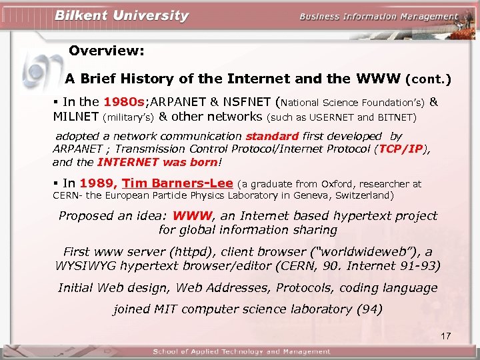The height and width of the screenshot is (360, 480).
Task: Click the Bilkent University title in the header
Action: (x=122, y=16)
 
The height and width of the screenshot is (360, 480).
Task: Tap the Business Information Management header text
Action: (x=379, y=17)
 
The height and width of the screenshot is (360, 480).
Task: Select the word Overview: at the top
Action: (x=107, y=51)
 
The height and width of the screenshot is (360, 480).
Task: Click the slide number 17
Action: (x=446, y=335)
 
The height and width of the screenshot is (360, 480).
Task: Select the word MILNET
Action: (x=76, y=117)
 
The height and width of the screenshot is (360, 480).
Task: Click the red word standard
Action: (x=272, y=136)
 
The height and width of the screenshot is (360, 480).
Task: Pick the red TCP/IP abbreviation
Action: (x=401, y=149)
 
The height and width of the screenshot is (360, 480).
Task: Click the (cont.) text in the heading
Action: (x=428, y=79)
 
